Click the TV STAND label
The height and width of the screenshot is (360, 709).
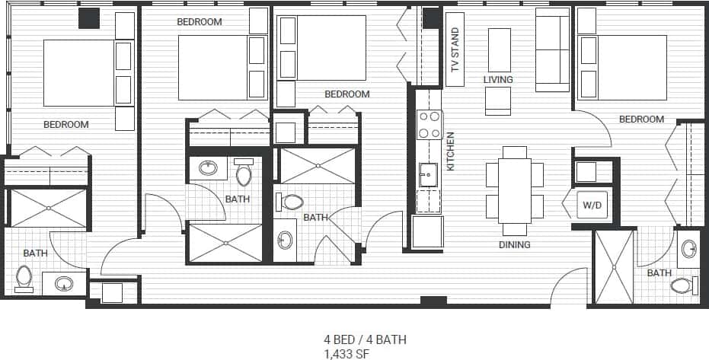(x=455, y=50)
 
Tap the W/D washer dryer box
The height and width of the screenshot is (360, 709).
(x=592, y=205)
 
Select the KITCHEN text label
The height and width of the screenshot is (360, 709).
(x=450, y=151)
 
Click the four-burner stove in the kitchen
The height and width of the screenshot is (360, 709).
(x=430, y=125)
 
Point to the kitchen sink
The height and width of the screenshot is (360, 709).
(x=428, y=175)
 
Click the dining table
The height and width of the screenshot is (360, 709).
(x=514, y=190)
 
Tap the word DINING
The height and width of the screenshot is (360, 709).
(x=515, y=245)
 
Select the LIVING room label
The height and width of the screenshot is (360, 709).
(x=498, y=79)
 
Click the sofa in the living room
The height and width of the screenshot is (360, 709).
(x=552, y=49)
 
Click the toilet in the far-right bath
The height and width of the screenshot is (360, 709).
(x=682, y=285)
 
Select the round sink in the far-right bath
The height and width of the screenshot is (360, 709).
(x=688, y=248)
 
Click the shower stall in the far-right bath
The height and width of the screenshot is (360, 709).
(x=613, y=266)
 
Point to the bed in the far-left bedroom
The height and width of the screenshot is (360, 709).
(x=78, y=73)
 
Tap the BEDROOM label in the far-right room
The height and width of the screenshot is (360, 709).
(x=641, y=119)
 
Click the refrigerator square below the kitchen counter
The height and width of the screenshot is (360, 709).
(x=427, y=231)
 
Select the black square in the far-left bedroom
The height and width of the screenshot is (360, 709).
(x=89, y=18)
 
